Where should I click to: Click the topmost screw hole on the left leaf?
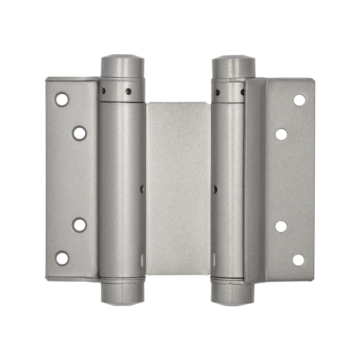pos(62,99)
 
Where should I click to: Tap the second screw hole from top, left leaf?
pos(79,133)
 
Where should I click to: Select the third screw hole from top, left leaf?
pos(79,225)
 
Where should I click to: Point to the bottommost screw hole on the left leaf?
pos(62,258)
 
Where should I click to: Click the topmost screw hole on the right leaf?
pos(299,100)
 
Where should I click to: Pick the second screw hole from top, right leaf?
pos(281,134)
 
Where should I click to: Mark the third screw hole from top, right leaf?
pos(281,226)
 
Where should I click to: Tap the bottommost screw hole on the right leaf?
pos(298,260)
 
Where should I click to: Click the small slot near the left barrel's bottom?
pos(143,258)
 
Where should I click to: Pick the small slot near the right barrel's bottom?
pos(214,258)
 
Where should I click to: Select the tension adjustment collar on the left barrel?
pos(122,91)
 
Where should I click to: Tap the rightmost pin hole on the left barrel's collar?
pos(128,91)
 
